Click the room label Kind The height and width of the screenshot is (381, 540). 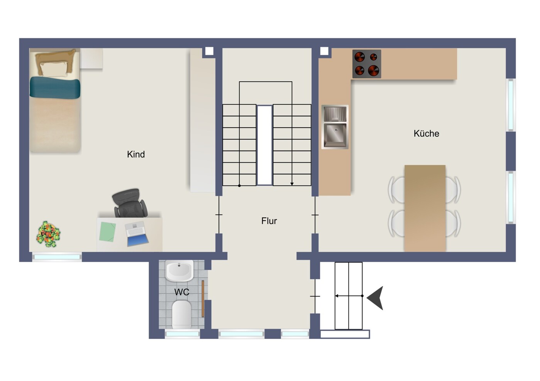point(136,154)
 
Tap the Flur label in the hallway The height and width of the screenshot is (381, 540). point(269,221)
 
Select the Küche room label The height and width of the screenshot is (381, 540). point(426,133)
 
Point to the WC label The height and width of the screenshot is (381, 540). point(181,292)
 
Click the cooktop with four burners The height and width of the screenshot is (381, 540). point(366,64)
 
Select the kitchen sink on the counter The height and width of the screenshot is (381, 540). point(335,127)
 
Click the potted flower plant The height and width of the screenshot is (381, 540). point(48,234)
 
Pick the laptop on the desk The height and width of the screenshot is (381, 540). point(136,234)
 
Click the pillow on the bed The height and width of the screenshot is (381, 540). point(54,69)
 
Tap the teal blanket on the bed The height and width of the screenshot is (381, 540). point(55,88)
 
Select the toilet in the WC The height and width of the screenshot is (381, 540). point(181,314)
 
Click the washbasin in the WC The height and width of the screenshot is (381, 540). point(179,271)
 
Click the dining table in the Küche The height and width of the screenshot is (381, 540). point(425,208)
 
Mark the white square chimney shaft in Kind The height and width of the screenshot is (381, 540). point(209,51)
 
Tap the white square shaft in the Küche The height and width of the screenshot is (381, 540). point(324,51)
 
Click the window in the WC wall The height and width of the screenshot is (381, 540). point(182,334)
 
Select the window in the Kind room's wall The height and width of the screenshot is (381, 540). point(57,257)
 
